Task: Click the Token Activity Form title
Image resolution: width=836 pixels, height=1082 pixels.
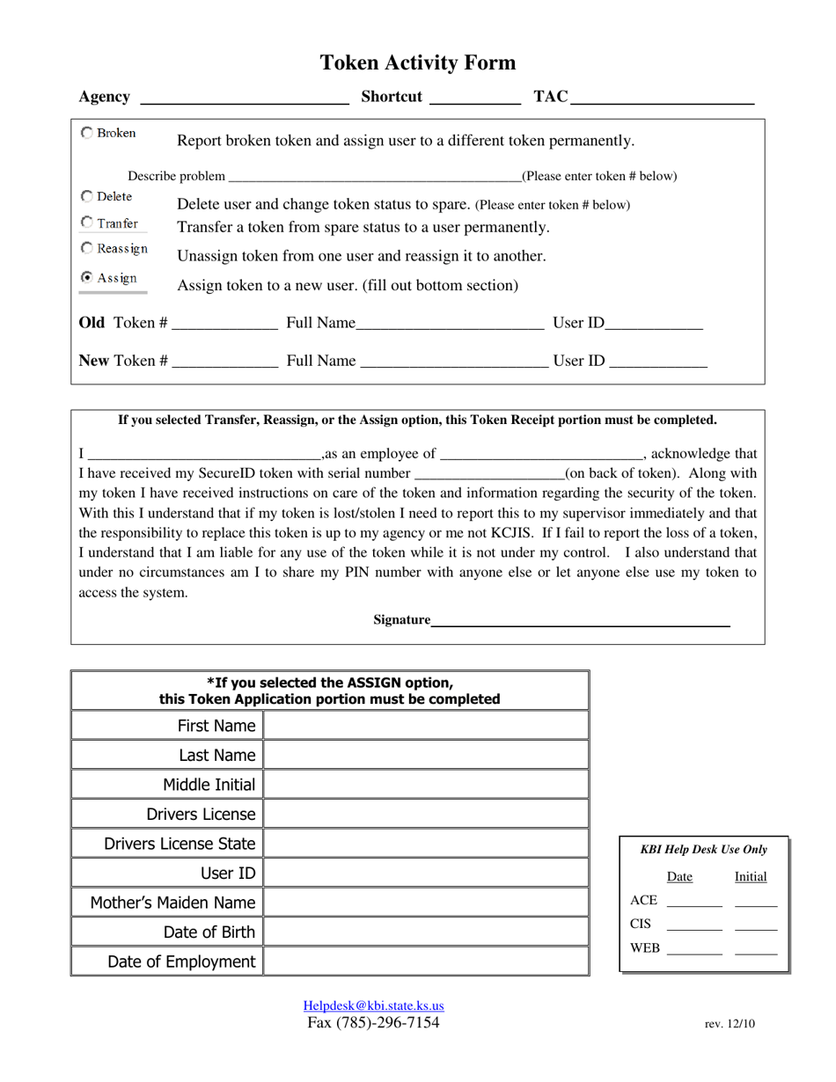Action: coord(417,63)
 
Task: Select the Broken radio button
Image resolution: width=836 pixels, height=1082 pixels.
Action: coord(86,133)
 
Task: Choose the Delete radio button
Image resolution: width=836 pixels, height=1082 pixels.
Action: coord(86,196)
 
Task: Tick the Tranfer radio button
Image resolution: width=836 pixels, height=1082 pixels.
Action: coord(86,223)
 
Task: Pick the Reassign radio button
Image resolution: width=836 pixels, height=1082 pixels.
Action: coord(86,249)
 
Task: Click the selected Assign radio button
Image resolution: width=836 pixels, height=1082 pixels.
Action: coord(86,277)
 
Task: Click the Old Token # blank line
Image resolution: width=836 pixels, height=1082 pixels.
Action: coord(224,325)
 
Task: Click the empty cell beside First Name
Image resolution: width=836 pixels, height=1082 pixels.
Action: coord(425,726)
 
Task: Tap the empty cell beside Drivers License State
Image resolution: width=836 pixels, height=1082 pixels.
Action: coord(425,844)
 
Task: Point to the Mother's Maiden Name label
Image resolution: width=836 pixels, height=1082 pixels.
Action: coord(172,903)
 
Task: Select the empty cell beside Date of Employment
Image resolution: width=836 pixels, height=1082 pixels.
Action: coord(425,961)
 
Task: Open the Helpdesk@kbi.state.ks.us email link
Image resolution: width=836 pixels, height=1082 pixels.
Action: coord(373,1005)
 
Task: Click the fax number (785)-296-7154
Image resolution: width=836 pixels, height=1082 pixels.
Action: coord(373,1022)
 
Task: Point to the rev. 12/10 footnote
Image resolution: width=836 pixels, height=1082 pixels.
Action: coord(730,1024)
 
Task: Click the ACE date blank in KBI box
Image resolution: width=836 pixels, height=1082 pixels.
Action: coord(694,901)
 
